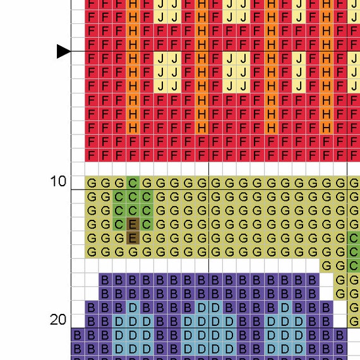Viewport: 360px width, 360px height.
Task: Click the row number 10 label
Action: [58, 181]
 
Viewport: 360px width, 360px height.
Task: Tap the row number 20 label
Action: [58, 320]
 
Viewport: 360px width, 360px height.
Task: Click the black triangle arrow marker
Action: [64, 51]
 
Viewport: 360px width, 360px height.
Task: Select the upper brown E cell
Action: [133, 224]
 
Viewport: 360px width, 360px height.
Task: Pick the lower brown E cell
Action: [133, 238]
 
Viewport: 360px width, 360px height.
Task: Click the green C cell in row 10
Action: [133, 183]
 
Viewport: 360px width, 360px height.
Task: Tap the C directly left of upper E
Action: [119, 224]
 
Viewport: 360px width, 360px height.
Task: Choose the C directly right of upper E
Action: [147, 224]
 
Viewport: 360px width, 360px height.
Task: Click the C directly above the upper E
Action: [133, 210]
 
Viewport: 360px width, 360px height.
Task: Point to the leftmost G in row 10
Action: [92, 183]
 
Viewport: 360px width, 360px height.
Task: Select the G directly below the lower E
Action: [133, 252]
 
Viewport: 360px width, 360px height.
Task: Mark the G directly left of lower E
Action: [119, 238]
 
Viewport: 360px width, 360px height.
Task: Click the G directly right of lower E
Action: [147, 238]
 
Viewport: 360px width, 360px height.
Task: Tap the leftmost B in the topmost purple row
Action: [105, 280]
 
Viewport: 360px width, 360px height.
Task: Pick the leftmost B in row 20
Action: [92, 321]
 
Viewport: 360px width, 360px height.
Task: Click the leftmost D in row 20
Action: [119, 321]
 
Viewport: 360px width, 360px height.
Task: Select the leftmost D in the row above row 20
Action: [133, 308]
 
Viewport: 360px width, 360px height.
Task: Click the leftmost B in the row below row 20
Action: [78, 335]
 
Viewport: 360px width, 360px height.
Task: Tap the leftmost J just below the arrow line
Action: [160, 59]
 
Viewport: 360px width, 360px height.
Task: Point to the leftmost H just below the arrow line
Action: [133, 59]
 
